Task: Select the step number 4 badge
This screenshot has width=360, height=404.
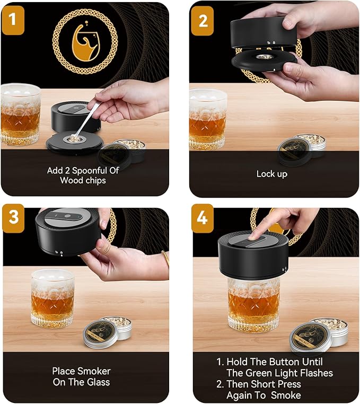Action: coord(203,218)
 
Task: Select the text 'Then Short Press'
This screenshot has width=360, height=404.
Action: coord(264,384)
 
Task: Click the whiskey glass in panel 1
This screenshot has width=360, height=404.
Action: coord(20,114)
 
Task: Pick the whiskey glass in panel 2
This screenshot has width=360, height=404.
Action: coord(207,120)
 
